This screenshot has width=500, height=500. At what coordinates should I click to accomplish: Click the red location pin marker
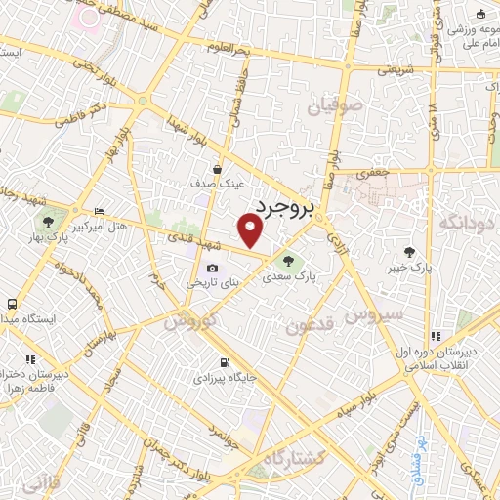click(251, 229)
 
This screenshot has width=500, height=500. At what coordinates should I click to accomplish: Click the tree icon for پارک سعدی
click(287, 260)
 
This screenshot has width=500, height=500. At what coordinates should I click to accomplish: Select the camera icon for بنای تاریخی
click(213, 269)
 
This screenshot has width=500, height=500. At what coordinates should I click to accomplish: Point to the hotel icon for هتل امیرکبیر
click(98, 212)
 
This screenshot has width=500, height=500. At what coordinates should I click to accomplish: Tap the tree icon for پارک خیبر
click(422, 252)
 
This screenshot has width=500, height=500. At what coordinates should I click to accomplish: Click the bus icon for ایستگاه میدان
click(11, 305)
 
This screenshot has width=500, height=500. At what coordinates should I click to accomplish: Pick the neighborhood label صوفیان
click(336, 103)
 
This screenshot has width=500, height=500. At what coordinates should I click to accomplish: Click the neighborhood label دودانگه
click(468, 223)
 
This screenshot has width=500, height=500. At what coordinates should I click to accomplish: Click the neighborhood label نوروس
click(189, 319)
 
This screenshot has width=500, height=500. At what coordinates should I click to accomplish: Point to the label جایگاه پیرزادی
click(222, 375)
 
